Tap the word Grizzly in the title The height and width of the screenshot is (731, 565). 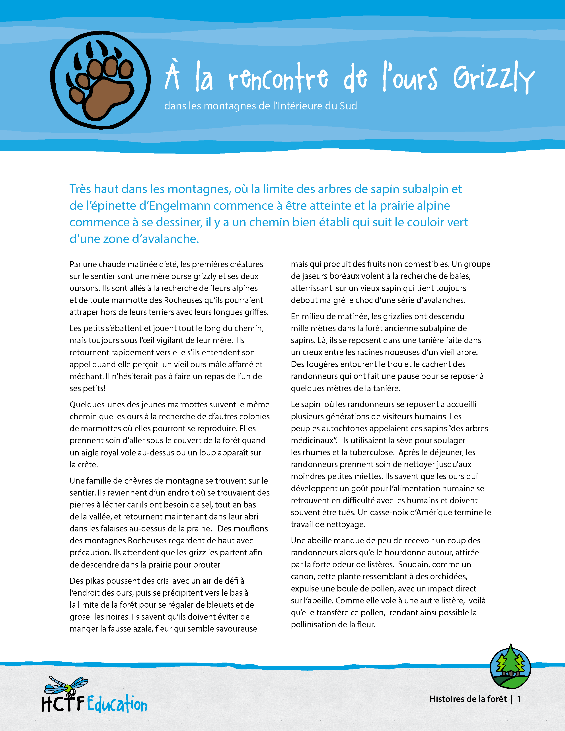click(494, 78)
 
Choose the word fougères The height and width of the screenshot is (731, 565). click(321, 364)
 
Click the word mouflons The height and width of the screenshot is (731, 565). click(251, 529)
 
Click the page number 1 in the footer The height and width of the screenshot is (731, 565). click(519, 699)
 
